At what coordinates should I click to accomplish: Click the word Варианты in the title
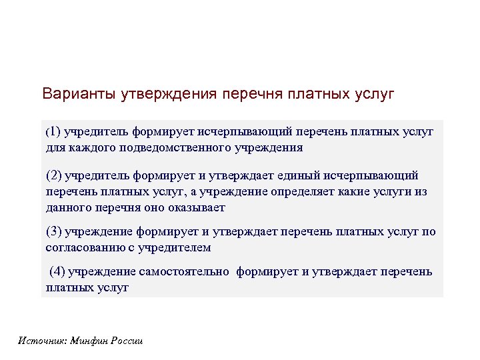coord(79,93)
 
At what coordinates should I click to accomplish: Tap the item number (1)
coord(53,132)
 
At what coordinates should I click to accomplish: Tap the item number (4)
coord(58,271)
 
